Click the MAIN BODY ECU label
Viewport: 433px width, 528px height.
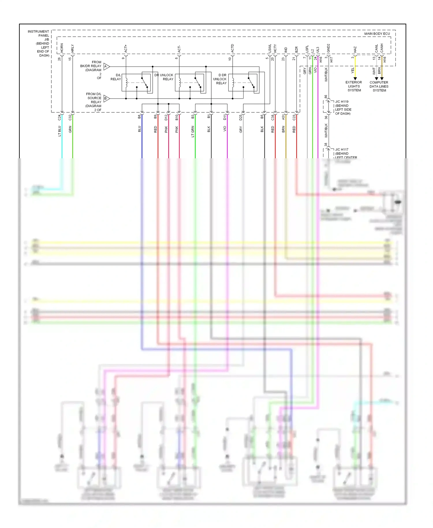[377, 34]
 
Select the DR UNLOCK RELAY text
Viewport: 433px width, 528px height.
[164, 77]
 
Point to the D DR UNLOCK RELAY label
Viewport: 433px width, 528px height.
[220, 79]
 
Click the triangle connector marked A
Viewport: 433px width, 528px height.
[106, 66]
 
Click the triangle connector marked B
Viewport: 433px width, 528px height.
[106, 98]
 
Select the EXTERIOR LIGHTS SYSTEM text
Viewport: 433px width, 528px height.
[354, 86]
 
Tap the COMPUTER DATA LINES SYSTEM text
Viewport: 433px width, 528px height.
[379, 86]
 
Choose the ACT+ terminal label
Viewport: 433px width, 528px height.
[126, 48]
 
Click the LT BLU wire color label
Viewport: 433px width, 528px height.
[59, 131]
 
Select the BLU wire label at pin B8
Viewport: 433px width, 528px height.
[139, 129]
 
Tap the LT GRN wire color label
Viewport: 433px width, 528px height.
[193, 131]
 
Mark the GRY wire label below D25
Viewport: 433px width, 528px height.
[241, 130]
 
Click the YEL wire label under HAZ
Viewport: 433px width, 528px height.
[352, 70]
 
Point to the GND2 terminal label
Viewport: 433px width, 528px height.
[329, 48]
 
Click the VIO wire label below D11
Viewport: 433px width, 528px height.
[225, 129]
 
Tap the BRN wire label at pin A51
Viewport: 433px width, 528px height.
[283, 129]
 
